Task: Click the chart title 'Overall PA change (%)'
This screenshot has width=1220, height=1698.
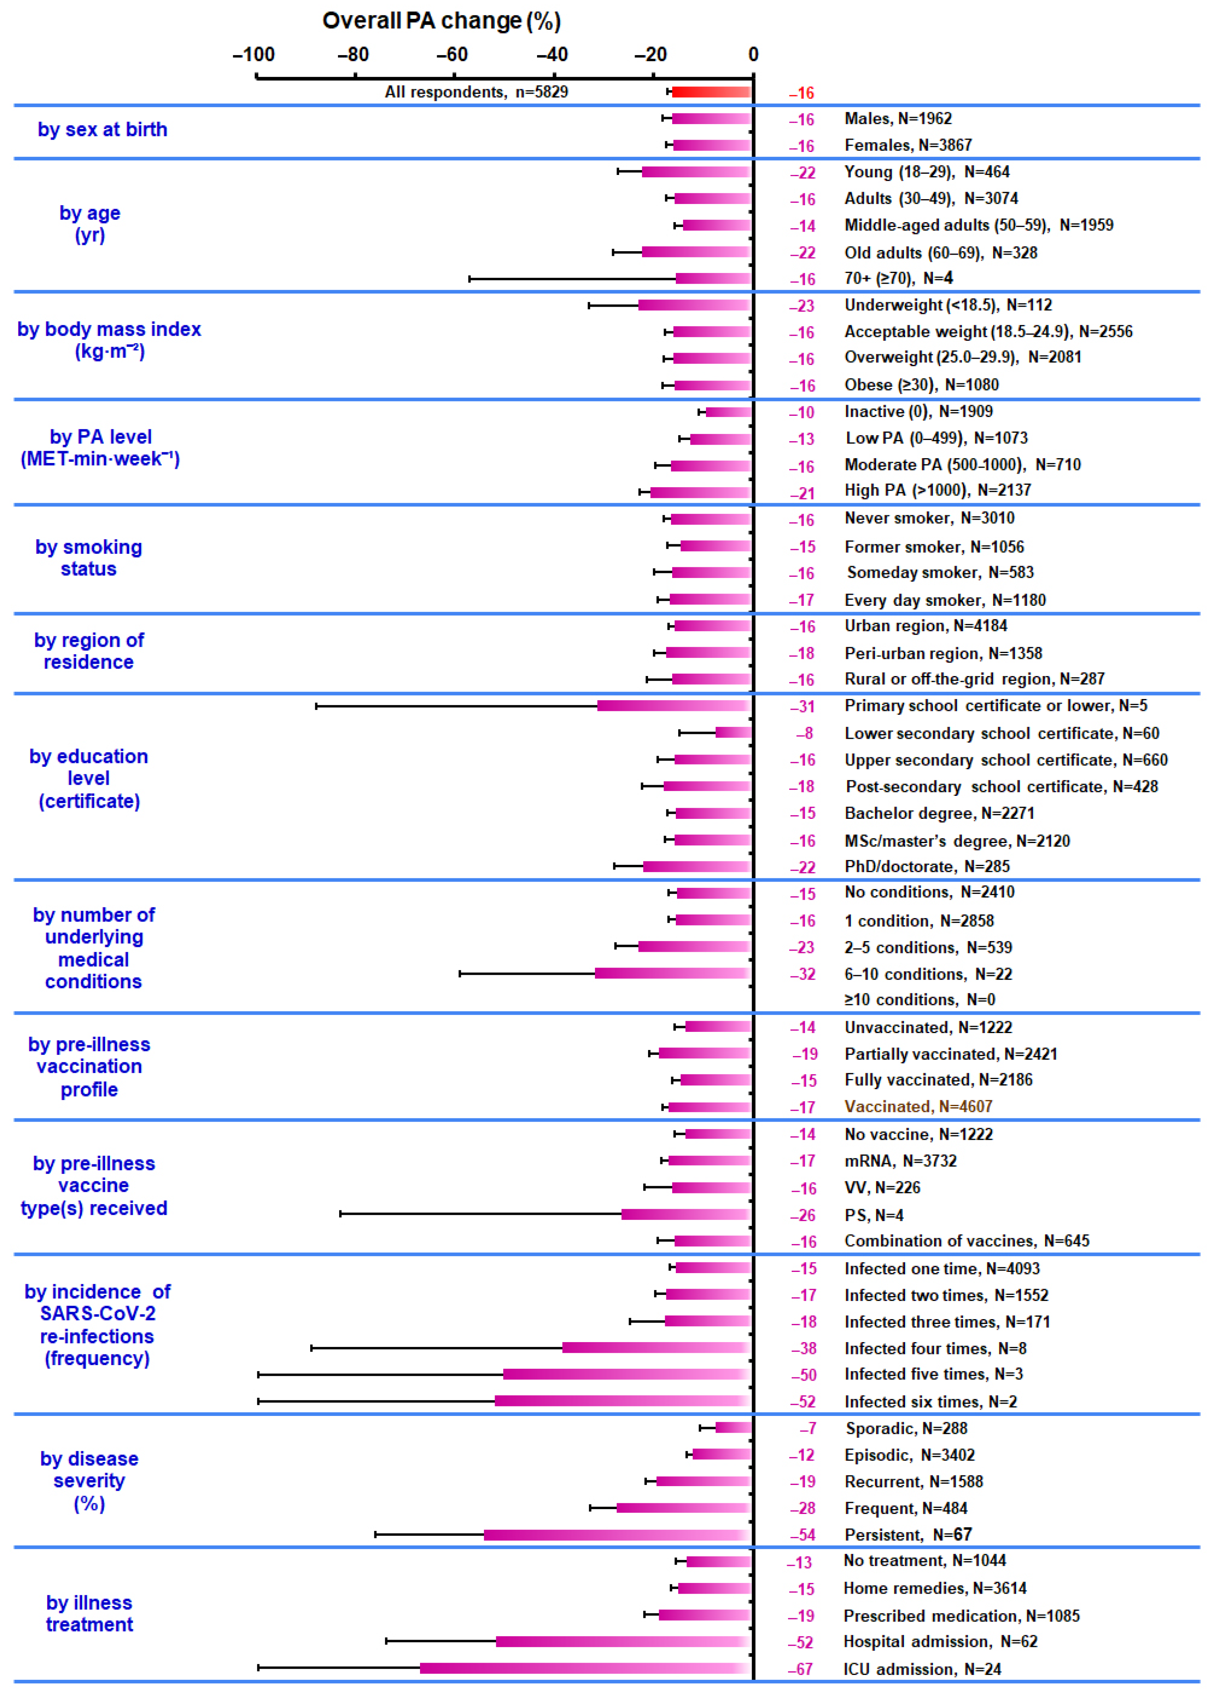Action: point(441,21)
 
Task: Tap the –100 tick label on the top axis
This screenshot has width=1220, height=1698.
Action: point(254,55)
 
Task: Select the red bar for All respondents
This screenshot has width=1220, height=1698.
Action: point(711,92)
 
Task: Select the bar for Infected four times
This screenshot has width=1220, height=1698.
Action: point(656,1348)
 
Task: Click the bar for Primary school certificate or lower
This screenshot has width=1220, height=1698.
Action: point(673,705)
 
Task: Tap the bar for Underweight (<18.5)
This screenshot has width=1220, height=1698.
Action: point(694,305)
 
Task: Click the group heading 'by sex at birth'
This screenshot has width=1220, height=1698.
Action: point(103,129)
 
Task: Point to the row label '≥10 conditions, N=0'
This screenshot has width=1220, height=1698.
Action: point(919,999)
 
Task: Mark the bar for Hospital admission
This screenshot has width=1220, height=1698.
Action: point(623,1641)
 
